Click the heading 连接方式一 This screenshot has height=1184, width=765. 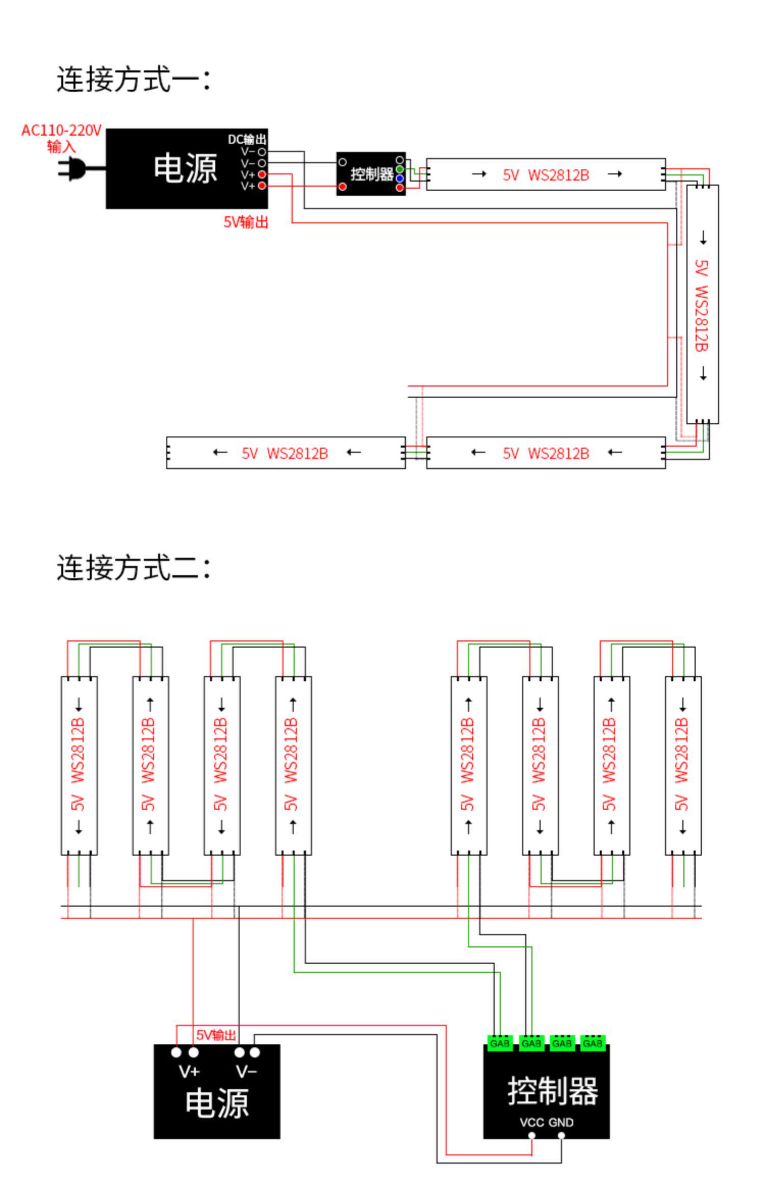pos(133,80)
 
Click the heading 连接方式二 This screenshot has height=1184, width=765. pos(133,568)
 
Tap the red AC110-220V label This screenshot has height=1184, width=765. pos(61,131)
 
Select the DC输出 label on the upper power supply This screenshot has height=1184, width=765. pos(247,139)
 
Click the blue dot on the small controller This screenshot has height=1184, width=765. pos(399,178)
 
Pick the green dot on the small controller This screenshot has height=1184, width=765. pos(399,169)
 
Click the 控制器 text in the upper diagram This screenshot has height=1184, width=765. pos(372,174)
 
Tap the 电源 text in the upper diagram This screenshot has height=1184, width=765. pos(185,169)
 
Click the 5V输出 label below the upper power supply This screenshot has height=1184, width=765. pos(246,222)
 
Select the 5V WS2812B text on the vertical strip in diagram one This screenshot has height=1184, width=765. pos(702,305)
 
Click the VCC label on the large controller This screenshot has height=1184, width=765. pos(532,1122)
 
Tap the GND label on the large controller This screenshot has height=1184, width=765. pos(561,1122)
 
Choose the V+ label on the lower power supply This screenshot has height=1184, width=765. pos(189,1071)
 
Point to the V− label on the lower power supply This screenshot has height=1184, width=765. pos(246,1071)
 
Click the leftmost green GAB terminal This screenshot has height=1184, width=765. pos(500,1043)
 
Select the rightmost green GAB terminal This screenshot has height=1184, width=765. pos(593,1043)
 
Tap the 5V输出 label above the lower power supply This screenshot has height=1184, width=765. pos(216,1035)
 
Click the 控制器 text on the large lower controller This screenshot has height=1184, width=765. pos(553,1091)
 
